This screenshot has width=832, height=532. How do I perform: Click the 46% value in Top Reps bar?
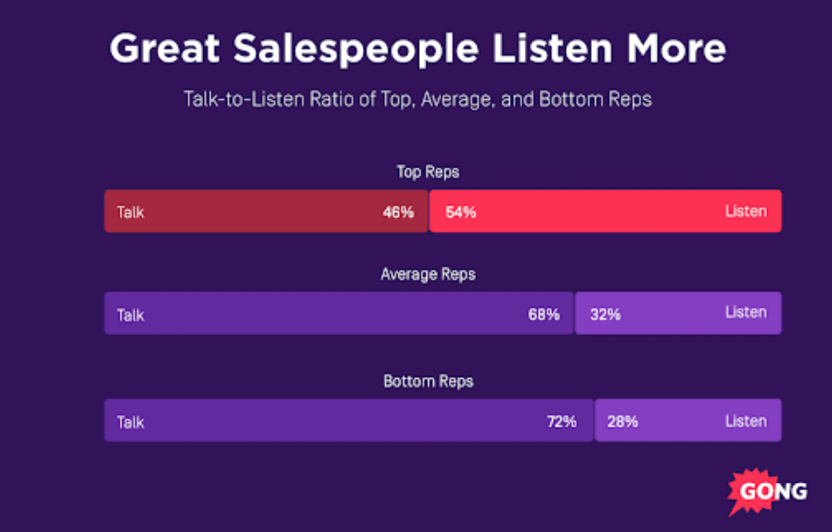398,212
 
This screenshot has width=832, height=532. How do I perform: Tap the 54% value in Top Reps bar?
460,212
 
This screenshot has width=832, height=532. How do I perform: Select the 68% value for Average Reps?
544,315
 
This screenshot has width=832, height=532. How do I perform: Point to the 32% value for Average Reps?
605,315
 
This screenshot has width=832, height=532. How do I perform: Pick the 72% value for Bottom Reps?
561,421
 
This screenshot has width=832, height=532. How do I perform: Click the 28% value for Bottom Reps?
623,421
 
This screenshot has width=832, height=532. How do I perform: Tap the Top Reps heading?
428,172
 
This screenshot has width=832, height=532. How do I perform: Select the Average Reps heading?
428,275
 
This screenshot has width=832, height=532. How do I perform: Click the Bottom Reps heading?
428,381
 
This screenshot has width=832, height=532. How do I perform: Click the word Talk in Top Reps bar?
130,212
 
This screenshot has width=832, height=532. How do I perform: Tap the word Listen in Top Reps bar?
746,211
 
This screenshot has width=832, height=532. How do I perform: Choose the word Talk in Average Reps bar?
130,315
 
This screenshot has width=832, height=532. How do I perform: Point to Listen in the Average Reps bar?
746,312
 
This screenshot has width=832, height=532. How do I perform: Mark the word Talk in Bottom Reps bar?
130,422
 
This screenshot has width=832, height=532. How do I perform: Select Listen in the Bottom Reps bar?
746,421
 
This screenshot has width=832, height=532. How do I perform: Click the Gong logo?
766,491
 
